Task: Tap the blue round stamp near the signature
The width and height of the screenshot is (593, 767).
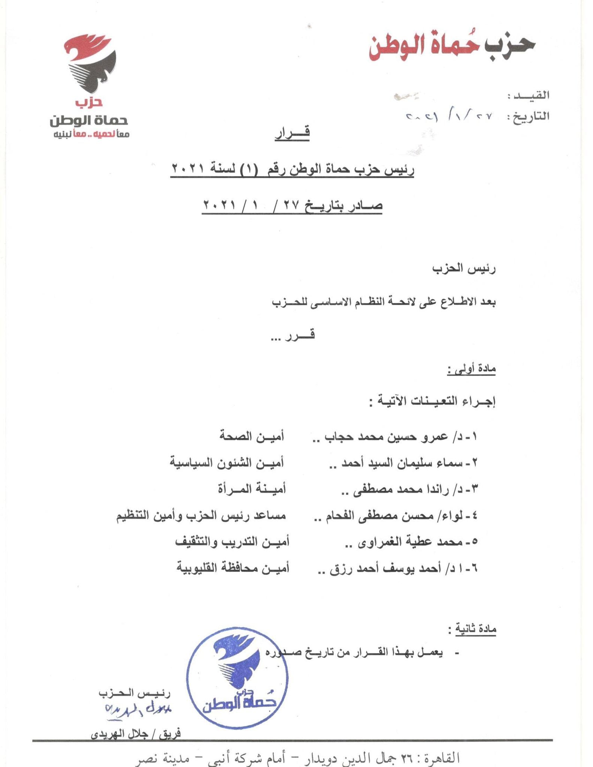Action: tap(237, 680)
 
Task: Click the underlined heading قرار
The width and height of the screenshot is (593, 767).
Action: tap(292, 134)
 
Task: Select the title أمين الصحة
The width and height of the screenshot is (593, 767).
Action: tap(252, 436)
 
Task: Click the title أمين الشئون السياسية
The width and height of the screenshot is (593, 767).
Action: tap(227, 463)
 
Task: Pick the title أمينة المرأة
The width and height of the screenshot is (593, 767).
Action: tap(252, 489)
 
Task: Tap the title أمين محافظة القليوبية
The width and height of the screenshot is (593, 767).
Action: tap(233, 569)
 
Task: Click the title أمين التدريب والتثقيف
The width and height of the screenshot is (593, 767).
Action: tap(232, 542)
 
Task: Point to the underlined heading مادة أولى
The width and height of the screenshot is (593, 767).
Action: tap(472, 369)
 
